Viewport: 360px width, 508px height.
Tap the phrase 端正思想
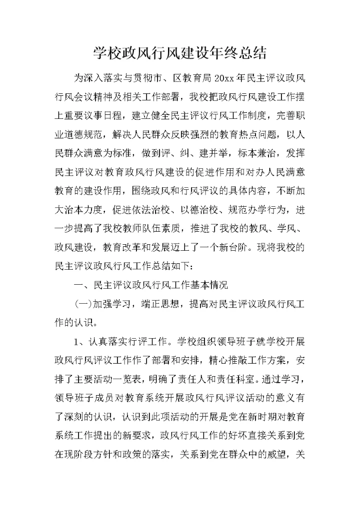coord(159,304)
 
